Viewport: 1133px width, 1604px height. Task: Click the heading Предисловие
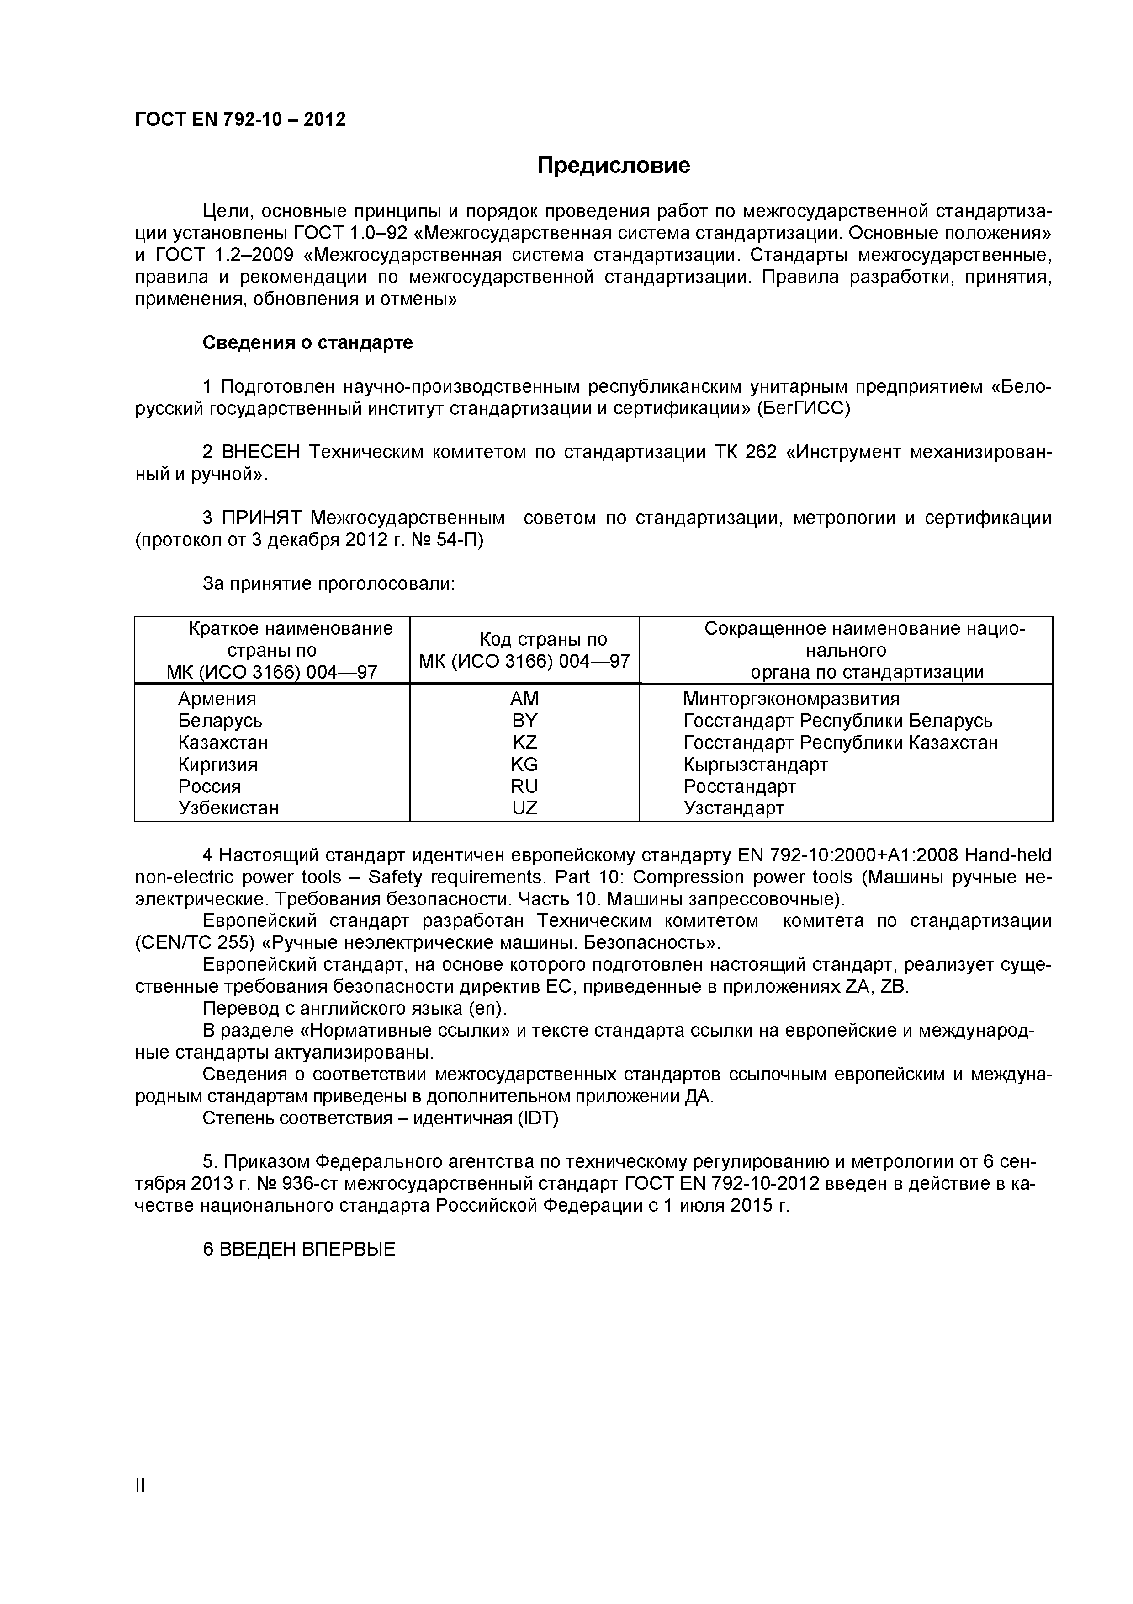(x=613, y=166)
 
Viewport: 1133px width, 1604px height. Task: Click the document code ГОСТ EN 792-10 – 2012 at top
(x=240, y=119)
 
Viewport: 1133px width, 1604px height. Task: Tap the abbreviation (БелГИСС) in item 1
(x=804, y=409)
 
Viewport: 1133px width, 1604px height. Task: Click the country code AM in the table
(x=524, y=699)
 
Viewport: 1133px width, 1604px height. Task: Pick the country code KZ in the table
(x=524, y=743)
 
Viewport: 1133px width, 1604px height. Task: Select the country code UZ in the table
(x=524, y=808)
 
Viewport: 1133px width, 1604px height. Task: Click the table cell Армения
(x=217, y=699)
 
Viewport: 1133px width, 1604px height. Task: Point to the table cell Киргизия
(x=218, y=764)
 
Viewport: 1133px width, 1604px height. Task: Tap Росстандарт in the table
(x=739, y=786)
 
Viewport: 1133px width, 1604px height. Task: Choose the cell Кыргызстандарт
(x=755, y=764)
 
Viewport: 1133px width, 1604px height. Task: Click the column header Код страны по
(x=543, y=639)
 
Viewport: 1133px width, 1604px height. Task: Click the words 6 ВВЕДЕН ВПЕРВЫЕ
(x=299, y=1249)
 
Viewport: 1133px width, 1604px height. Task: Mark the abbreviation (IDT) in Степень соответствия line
(x=538, y=1118)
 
